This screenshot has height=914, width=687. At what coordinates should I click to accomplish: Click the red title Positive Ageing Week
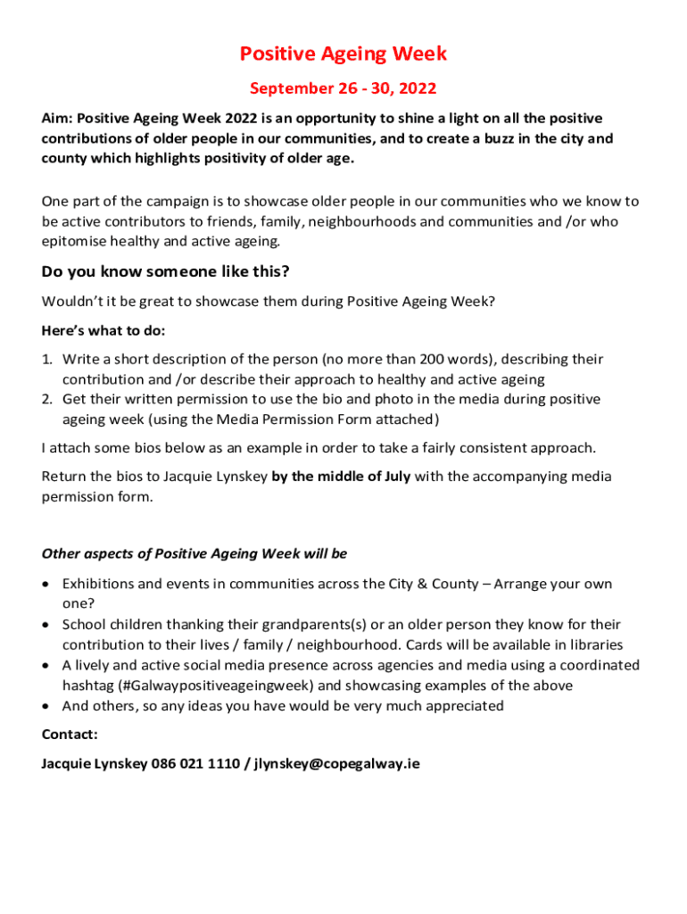(343, 54)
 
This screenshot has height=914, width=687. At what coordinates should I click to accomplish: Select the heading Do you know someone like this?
(165, 271)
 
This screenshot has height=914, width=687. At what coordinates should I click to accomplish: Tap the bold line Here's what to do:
(103, 330)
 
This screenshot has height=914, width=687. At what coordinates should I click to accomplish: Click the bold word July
(393, 476)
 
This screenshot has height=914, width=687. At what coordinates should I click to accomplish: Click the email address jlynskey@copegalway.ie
(336, 763)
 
